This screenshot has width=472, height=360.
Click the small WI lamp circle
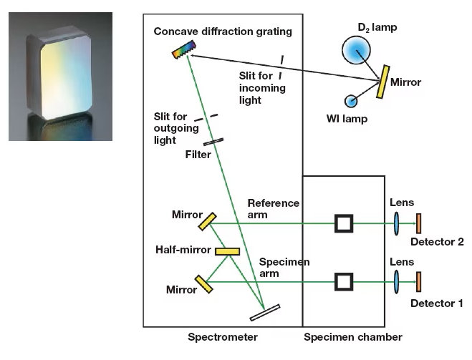click(351, 101)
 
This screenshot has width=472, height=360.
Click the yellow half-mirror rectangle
click(228, 250)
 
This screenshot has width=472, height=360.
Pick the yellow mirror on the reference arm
click(207, 222)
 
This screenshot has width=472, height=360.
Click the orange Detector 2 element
click(419, 223)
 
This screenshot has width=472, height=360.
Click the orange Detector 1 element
click(419, 281)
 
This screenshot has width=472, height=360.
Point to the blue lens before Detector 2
click(396, 223)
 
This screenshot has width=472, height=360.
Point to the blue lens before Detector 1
click(396, 281)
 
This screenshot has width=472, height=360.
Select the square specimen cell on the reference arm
click(345, 224)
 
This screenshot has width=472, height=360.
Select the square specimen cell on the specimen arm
click(345, 281)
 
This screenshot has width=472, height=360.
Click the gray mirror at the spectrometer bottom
click(265, 312)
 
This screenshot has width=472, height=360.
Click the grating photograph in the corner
click(60, 77)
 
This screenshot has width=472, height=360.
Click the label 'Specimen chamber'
click(353, 337)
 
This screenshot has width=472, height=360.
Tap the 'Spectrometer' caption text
click(223, 337)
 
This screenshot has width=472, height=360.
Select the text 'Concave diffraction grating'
click(222, 32)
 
